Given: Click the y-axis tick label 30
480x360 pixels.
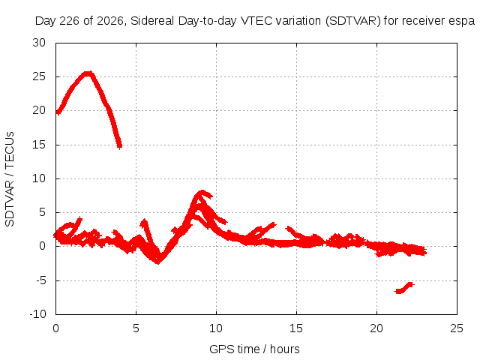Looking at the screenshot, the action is tap(39, 43).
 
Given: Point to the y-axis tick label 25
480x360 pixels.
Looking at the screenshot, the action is tap(39, 76).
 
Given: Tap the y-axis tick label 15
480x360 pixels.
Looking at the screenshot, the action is tap(39, 145).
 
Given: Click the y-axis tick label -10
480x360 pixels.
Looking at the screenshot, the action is tap(38, 314).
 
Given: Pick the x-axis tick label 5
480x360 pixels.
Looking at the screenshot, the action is tap(136, 328).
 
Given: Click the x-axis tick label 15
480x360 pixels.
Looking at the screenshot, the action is tap(296, 328).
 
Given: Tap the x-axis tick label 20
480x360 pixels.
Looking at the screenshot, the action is tap(376, 328).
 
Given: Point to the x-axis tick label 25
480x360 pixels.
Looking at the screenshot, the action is tap(457, 328).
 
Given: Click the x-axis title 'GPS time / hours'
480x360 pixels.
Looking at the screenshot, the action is tap(254, 349).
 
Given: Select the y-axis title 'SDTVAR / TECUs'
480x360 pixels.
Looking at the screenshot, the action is tap(10, 179).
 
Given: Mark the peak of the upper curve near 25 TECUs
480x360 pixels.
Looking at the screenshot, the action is tap(88, 73).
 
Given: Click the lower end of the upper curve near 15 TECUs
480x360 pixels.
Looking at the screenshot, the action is tap(120, 147).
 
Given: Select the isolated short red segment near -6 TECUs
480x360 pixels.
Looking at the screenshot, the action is tap(404, 288).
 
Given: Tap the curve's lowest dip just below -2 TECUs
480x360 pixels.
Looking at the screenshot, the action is tap(157, 262).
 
